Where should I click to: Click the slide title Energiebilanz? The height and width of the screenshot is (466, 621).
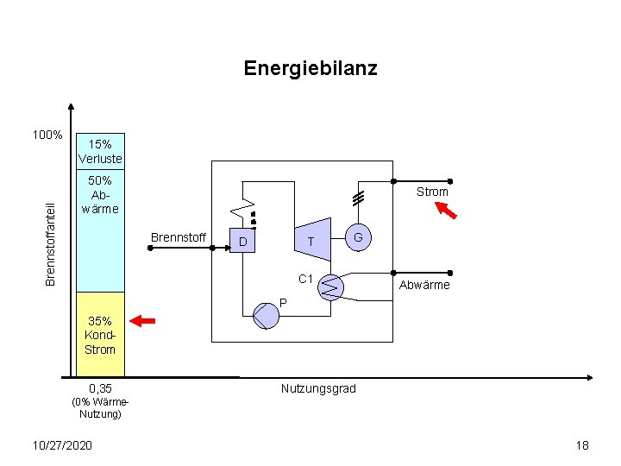[x=310, y=68]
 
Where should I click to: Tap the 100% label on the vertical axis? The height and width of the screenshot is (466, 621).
[x=47, y=135]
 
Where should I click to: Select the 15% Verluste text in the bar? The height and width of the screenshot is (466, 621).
[x=100, y=151]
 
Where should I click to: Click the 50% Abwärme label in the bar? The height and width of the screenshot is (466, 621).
[x=100, y=194]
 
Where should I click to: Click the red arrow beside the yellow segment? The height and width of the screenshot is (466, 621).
[x=142, y=321]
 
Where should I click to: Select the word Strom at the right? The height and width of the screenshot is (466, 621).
[x=432, y=192]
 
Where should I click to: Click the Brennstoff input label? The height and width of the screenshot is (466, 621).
[x=179, y=237]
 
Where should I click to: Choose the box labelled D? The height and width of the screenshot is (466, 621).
[x=244, y=242]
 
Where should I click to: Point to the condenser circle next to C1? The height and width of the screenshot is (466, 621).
[x=330, y=287]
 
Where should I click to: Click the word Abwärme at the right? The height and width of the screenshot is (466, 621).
[x=423, y=286]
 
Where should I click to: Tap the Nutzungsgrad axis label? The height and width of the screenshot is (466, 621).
[x=318, y=389]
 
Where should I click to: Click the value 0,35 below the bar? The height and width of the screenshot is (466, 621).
[x=100, y=388]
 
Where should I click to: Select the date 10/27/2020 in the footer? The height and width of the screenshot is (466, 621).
[x=60, y=444]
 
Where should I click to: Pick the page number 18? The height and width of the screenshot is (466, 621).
[x=582, y=445]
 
